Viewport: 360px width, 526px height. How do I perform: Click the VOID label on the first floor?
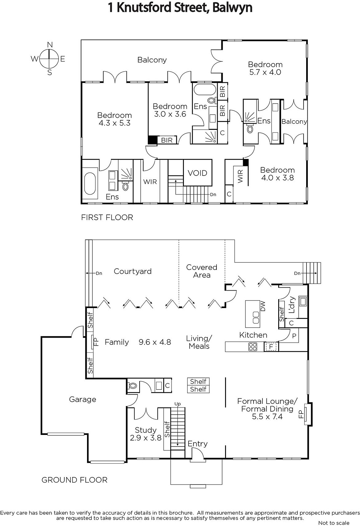tap(197, 173)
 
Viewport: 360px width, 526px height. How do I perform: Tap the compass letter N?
tap(50, 45)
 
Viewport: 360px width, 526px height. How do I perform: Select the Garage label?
tap(82, 399)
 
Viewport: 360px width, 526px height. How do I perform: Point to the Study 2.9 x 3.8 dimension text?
tap(146, 438)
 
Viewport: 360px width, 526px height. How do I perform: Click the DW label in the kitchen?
tap(263, 306)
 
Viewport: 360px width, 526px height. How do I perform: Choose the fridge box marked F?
tap(271, 347)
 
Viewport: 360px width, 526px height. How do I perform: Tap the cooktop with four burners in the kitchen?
tap(253, 347)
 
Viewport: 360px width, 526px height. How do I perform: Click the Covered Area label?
tap(202, 271)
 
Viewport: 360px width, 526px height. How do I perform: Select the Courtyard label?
tap(133, 271)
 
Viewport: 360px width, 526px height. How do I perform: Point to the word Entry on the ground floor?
tap(198, 443)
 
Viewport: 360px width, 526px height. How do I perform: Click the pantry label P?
tap(294, 336)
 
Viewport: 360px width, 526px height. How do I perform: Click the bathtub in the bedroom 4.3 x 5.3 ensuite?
tap(90, 183)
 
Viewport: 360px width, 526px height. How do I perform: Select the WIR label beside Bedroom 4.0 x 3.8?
tap(240, 176)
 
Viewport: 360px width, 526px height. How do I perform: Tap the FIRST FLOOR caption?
tap(107, 217)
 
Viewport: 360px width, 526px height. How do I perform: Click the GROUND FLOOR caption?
tap(74, 480)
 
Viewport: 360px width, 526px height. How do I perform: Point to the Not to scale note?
tap(334, 523)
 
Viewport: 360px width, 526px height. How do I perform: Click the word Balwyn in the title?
tap(232, 8)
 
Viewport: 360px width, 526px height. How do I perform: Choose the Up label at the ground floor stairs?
tap(177, 404)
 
